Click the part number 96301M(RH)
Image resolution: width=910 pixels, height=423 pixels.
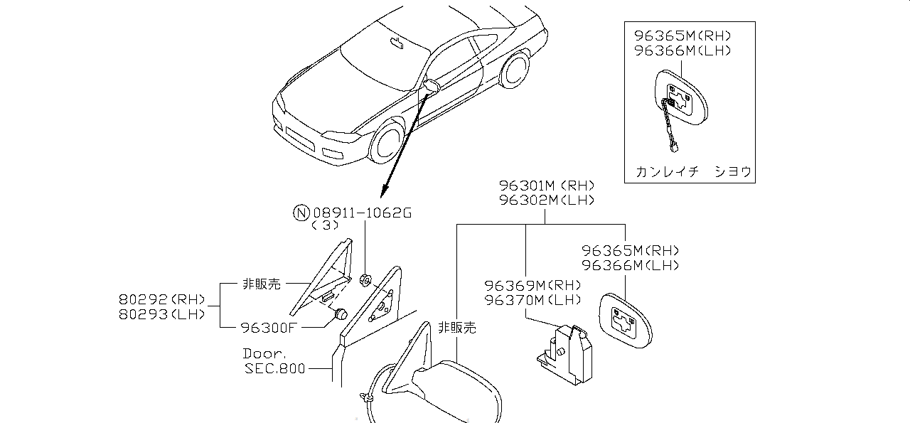pyautogui.click(x=545, y=186)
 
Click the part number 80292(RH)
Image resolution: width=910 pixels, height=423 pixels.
pyautogui.click(x=163, y=299)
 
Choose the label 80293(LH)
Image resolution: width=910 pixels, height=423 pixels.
pyautogui.click(x=163, y=314)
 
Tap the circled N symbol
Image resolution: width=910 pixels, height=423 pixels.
pyautogui.click(x=302, y=212)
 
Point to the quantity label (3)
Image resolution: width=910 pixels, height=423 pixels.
pyautogui.click(x=324, y=226)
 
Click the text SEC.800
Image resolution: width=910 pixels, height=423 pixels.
pyautogui.click(x=274, y=368)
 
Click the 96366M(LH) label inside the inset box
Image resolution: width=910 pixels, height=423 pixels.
pyautogui.click(x=682, y=50)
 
